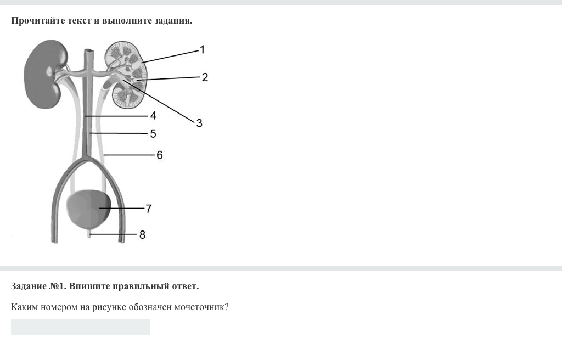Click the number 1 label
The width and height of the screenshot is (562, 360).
click(x=202, y=49)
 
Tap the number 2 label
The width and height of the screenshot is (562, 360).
click(x=205, y=77)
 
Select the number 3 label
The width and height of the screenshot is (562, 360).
click(x=199, y=123)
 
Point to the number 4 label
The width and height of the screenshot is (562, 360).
click(x=154, y=115)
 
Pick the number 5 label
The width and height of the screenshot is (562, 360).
click(x=153, y=134)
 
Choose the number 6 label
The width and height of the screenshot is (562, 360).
click(x=160, y=155)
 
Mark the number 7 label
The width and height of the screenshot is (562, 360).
click(x=149, y=209)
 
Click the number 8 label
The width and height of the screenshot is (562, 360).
click(x=142, y=234)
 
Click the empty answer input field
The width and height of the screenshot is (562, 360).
click(x=81, y=327)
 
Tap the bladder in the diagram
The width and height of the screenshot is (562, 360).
click(x=88, y=210)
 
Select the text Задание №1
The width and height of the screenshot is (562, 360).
click(x=38, y=286)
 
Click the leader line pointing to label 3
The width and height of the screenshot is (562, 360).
click(x=159, y=101)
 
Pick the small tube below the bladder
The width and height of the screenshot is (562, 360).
click(x=89, y=234)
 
